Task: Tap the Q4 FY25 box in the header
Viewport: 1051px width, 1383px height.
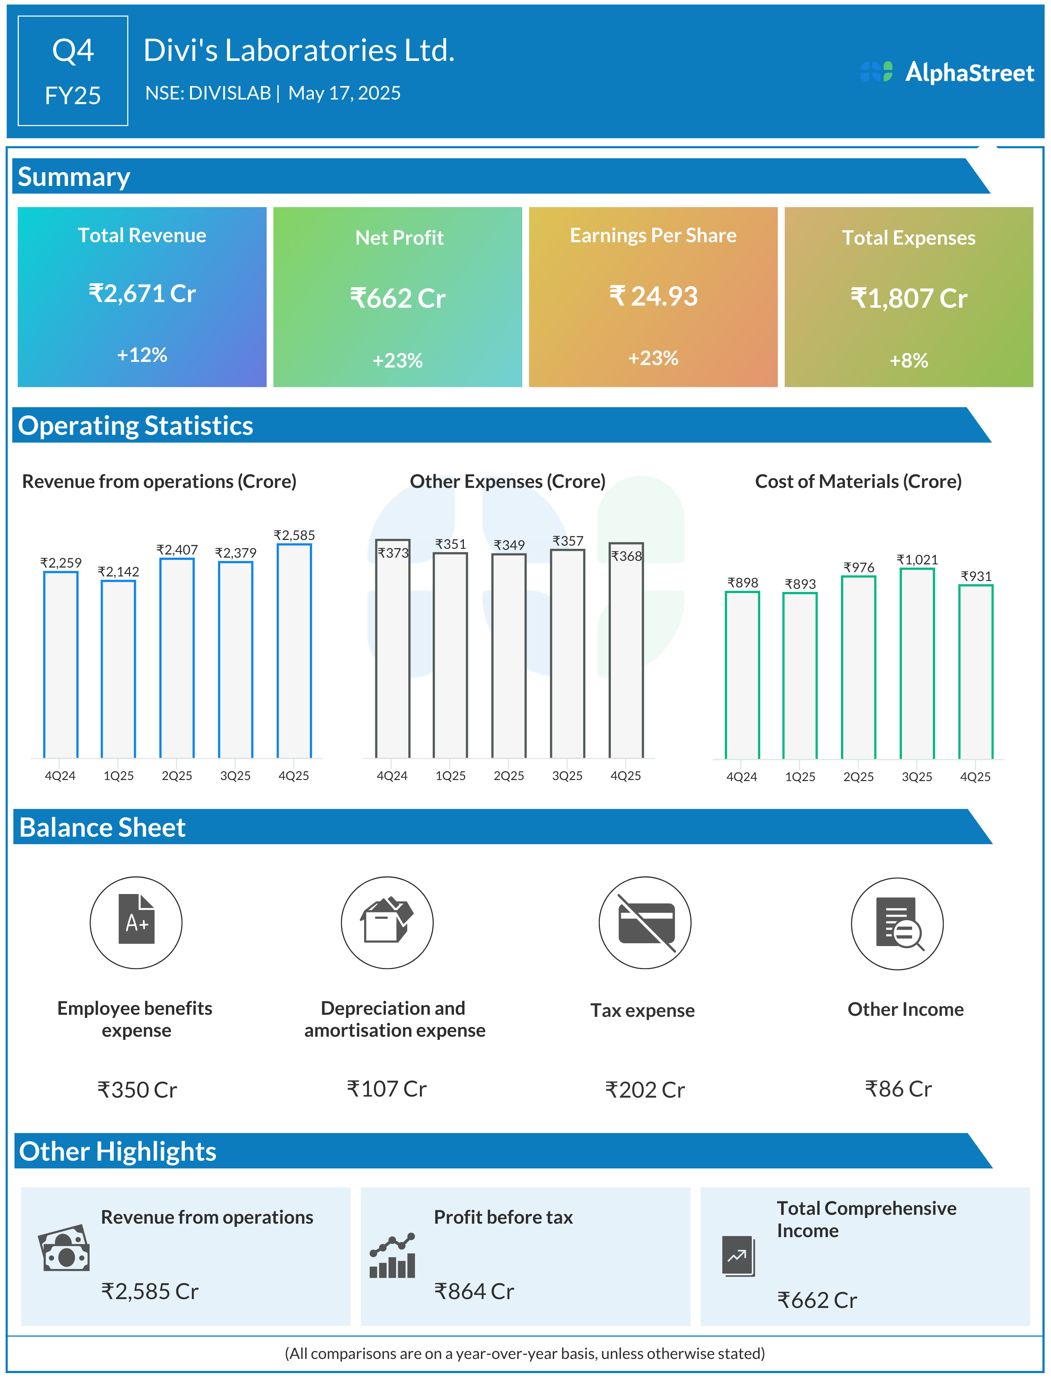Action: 73,71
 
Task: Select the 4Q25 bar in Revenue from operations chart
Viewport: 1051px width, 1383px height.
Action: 294,650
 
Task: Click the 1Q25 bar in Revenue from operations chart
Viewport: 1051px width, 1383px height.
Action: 118,669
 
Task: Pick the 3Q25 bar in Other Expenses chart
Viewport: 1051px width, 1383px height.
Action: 567,654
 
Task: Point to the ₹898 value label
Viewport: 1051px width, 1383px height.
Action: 743,583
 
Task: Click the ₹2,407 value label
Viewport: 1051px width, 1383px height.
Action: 177,550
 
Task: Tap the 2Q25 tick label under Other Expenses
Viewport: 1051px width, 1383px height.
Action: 509,776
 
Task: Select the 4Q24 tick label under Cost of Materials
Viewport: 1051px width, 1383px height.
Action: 742,777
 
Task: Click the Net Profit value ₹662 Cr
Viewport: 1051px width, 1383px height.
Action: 398,298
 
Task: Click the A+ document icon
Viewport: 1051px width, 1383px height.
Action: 136,922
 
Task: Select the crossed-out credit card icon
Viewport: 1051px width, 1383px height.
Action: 646,923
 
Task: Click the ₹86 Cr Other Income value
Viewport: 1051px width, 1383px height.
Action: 898,1089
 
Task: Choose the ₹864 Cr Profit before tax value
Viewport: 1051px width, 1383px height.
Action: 474,1291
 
